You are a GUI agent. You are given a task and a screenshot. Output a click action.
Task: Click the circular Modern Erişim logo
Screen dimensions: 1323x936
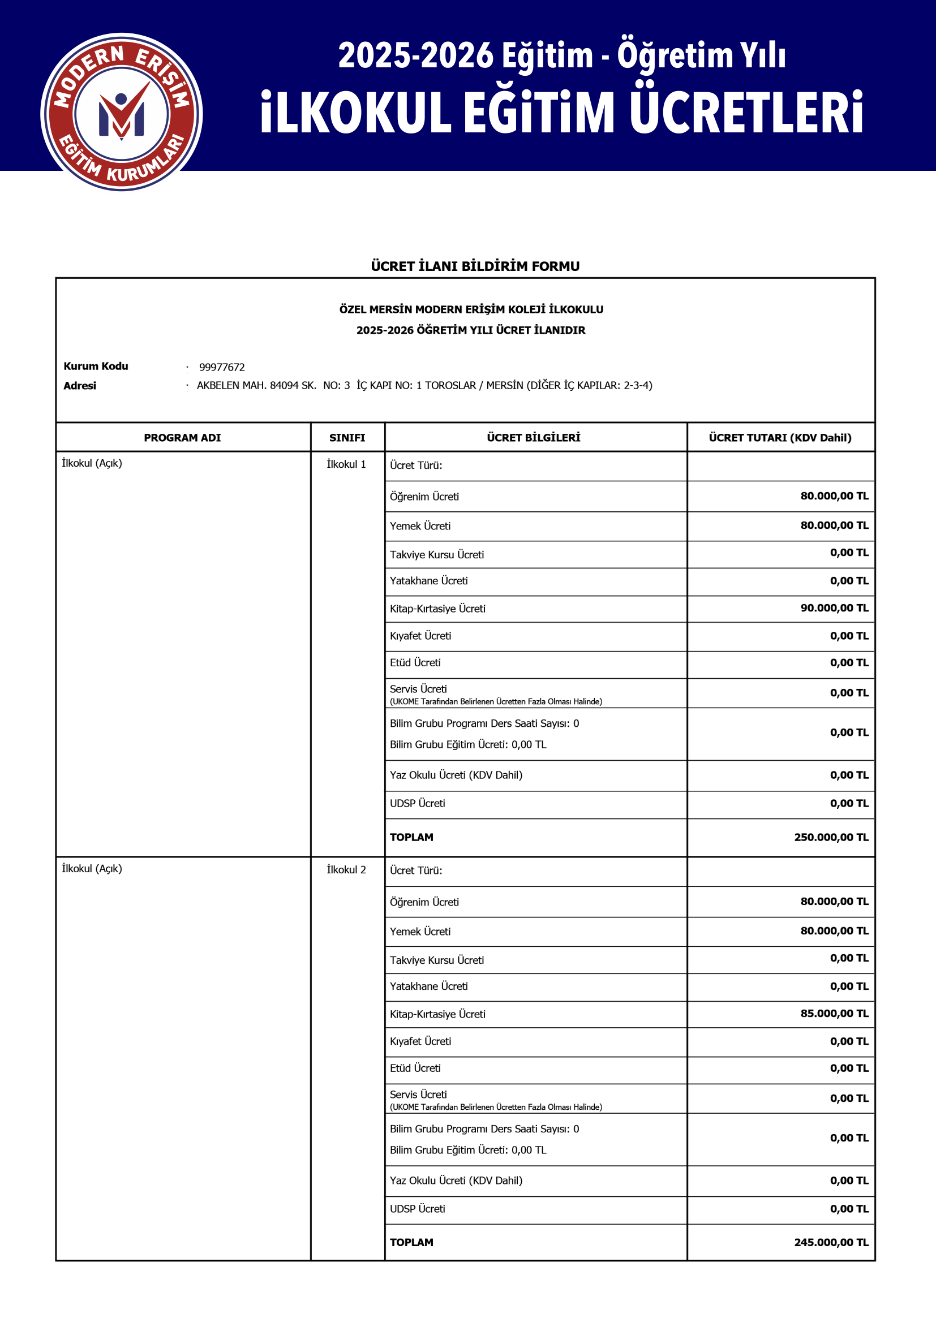(121, 113)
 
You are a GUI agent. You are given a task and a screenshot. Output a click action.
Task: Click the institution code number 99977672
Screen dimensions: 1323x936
(222, 367)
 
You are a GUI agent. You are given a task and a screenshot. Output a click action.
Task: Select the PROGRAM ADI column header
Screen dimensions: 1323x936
(182, 437)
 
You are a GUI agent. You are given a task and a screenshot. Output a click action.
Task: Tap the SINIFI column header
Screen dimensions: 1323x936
(347, 437)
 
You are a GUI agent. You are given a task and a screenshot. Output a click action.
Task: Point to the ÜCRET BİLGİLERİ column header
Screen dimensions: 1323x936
(533, 437)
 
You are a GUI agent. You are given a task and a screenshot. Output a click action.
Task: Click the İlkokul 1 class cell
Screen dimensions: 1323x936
(346, 464)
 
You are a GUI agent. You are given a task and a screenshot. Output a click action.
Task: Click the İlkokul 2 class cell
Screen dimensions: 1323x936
(346, 869)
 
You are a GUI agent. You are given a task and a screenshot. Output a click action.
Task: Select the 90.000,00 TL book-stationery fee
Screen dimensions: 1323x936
(834, 608)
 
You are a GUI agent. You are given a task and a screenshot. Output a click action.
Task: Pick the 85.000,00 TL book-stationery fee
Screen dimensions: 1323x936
(834, 1014)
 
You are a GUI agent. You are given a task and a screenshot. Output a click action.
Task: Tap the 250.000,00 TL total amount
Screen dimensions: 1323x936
(831, 837)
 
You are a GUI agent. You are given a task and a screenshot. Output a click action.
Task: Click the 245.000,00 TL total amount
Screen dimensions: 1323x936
(831, 1242)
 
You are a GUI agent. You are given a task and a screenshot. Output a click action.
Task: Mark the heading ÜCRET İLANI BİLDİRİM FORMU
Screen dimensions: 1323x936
(475, 266)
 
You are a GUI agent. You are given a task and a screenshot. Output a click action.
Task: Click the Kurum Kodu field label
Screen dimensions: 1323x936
(96, 366)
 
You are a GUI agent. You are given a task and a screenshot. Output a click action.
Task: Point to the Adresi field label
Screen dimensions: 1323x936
(80, 386)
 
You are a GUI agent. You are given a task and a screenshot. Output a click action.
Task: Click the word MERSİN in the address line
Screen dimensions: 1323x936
(504, 386)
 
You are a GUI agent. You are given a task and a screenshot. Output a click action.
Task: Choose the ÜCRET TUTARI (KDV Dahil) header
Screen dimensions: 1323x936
(780, 437)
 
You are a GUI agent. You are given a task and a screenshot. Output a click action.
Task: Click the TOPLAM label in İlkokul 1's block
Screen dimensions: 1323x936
(411, 837)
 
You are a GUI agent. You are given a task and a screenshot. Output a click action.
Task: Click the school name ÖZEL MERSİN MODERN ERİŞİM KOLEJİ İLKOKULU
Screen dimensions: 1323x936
(471, 309)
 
